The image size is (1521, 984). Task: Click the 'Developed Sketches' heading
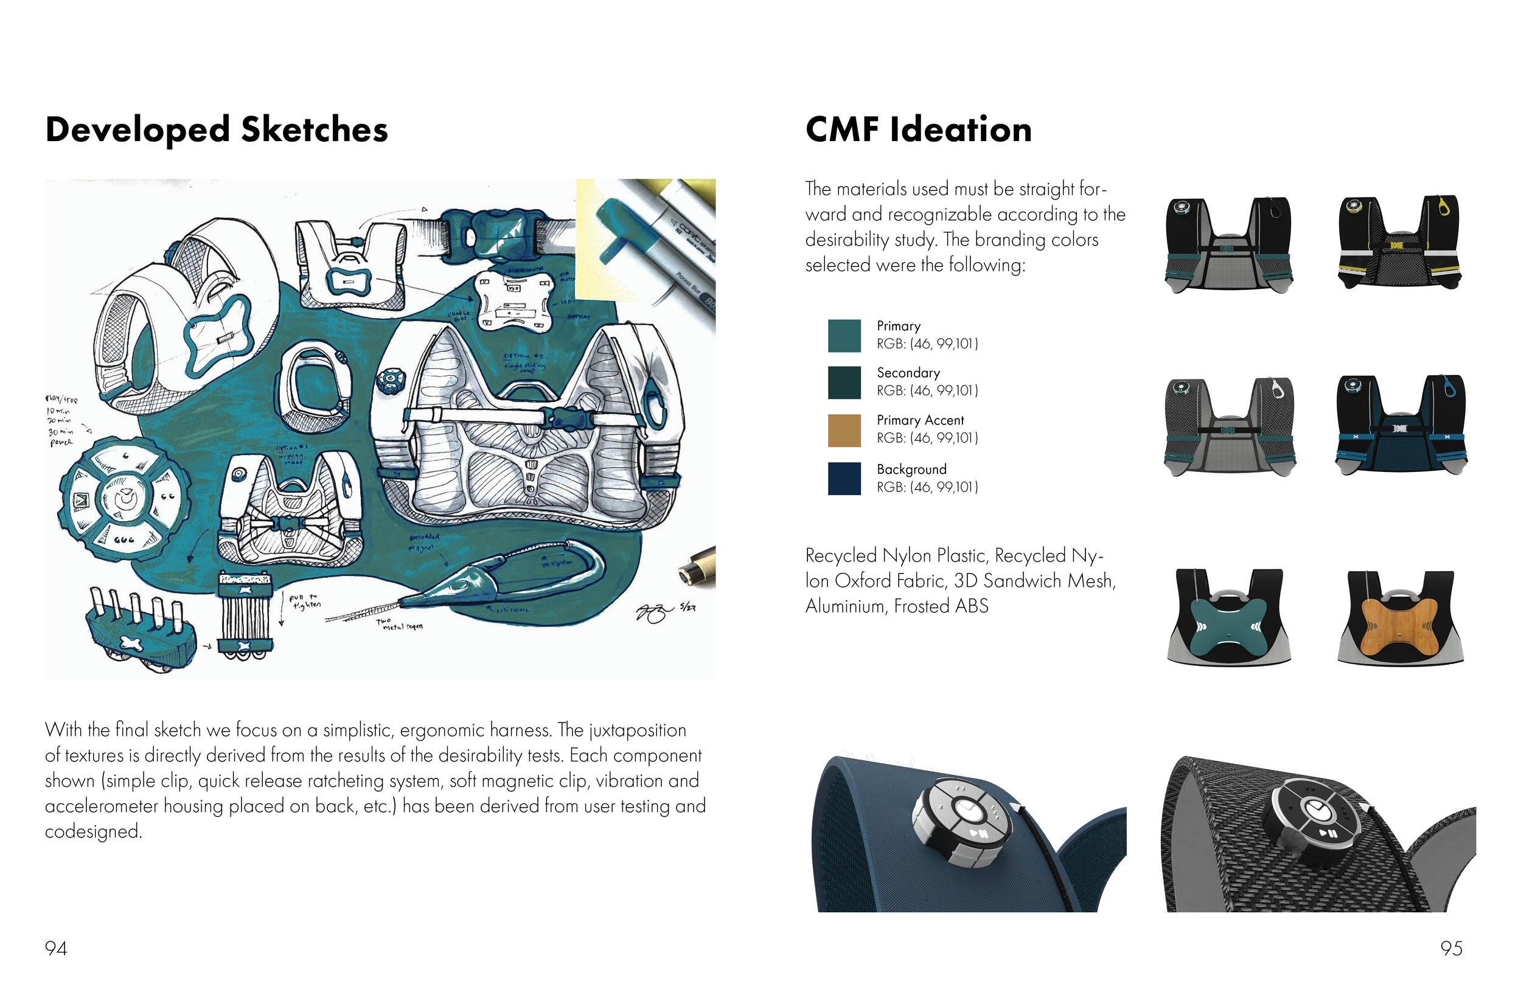pos(217,130)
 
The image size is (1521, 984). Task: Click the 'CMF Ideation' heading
pos(918,130)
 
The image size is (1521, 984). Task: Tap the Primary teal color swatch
pos(844,336)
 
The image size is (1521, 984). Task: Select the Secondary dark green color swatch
pos(844,382)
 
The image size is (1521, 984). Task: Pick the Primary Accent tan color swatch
pos(844,430)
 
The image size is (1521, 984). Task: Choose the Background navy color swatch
pos(844,478)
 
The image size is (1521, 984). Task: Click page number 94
pos(55,948)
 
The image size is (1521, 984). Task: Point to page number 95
pos(1452,948)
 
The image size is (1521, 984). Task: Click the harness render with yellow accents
pos(1399,243)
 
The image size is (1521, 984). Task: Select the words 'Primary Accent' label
pos(920,420)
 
